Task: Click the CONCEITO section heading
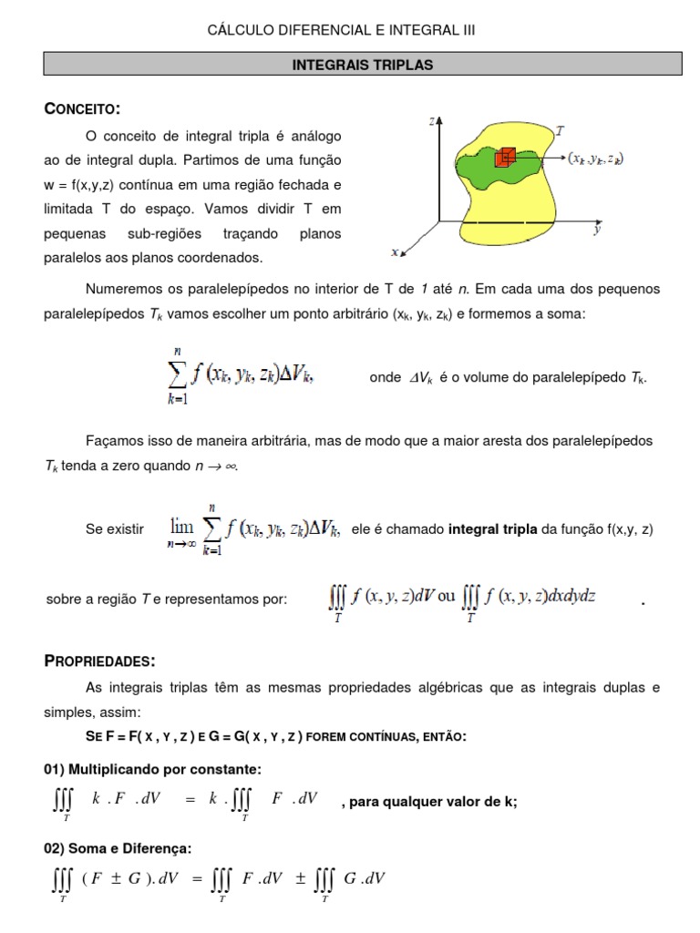tap(82, 109)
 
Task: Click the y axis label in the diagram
tap(596, 231)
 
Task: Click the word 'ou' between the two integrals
tap(447, 598)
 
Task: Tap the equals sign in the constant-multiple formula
tap(190, 799)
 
